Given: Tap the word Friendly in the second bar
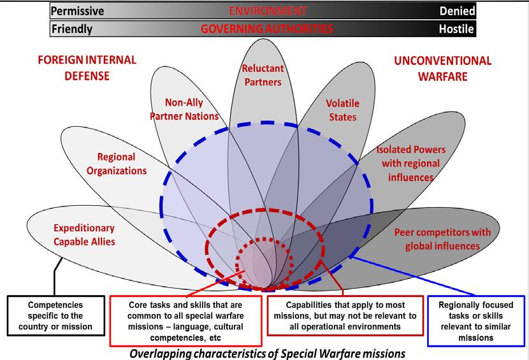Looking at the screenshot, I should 72,29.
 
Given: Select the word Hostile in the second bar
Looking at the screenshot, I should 455,29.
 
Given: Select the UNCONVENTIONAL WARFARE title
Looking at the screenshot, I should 443,68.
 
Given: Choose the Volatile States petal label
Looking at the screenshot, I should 343,110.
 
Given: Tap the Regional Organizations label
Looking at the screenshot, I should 122,163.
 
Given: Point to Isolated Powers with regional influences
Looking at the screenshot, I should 410,163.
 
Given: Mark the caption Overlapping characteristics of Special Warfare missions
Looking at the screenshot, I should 266,351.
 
